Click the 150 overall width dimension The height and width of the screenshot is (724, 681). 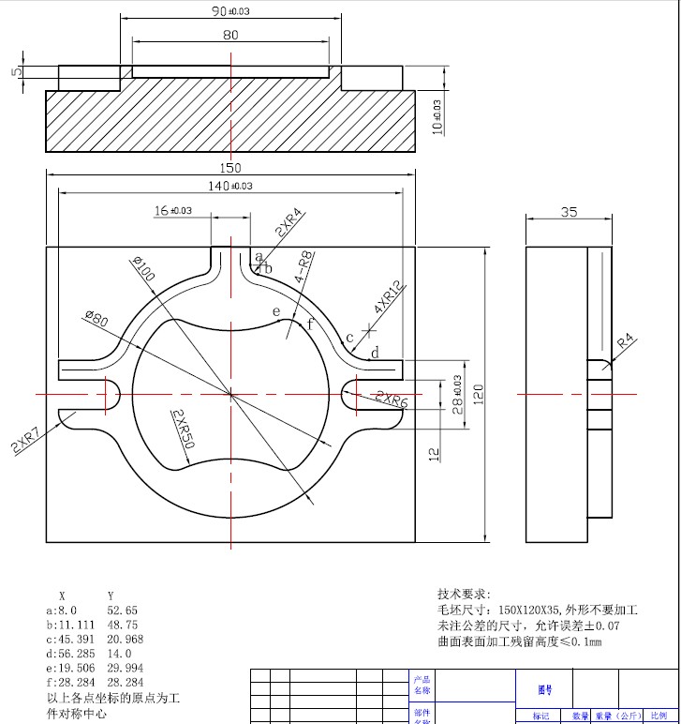tap(230, 168)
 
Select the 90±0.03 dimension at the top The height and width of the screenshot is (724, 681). tap(231, 11)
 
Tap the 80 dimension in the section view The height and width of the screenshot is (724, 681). tap(230, 35)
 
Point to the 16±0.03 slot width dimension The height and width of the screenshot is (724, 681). tap(173, 211)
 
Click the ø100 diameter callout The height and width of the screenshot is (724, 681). tap(145, 269)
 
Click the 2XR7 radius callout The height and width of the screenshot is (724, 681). tap(25, 439)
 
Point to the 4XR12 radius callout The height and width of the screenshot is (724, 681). tap(386, 296)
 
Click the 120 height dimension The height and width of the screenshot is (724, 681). tap(477, 392)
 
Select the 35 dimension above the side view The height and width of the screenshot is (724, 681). tap(569, 213)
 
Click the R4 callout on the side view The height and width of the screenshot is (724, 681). tap(625, 339)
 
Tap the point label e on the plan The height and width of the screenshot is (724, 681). tap(275, 311)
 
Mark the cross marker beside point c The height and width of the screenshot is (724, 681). tap(370, 330)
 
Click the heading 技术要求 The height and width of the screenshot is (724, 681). tap(464, 594)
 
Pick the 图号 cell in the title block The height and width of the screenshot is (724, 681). tap(544, 688)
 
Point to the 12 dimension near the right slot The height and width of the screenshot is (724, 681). tap(434, 454)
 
